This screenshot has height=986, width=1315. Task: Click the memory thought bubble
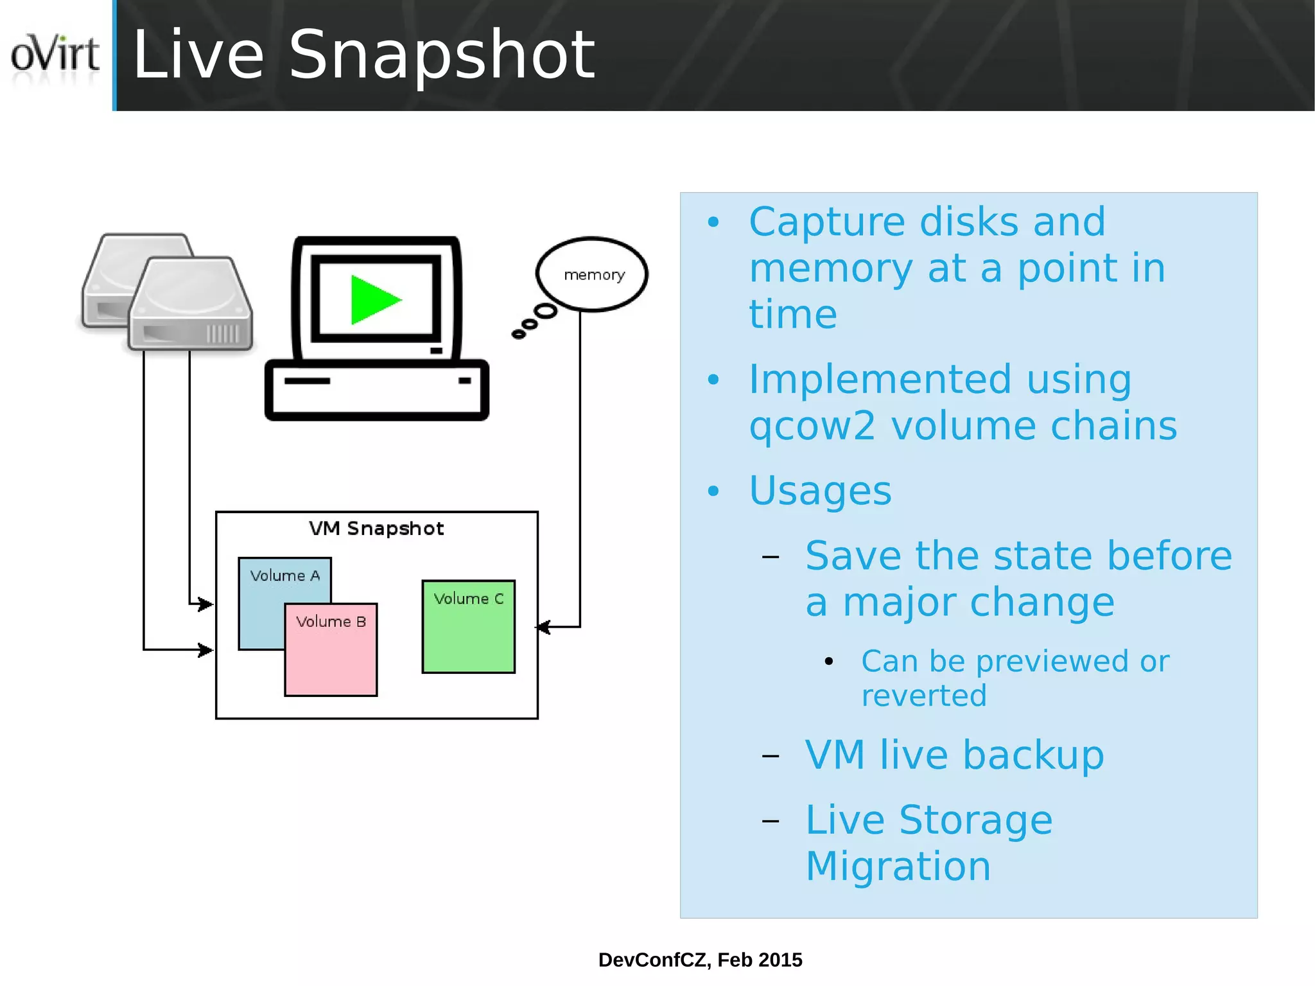(x=592, y=274)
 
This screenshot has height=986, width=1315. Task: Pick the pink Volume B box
(x=331, y=655)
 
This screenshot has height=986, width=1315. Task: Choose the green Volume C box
(x=468, y=633)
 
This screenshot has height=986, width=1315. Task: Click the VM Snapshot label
(x=376, y=529)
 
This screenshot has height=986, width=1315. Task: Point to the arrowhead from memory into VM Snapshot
(x=543, y=627)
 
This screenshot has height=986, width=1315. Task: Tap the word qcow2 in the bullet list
(x=812, y=426)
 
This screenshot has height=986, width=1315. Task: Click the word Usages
(x=820, y=491)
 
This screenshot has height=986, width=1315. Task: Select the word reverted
(x=923, y=696)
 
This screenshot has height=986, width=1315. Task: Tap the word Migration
(x=898, y=866)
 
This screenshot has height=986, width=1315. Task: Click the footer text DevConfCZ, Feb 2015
(x=700, y=960)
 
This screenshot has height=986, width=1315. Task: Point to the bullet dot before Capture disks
(x=713, y=223)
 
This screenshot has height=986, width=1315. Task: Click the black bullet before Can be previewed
(x=829, y=661)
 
